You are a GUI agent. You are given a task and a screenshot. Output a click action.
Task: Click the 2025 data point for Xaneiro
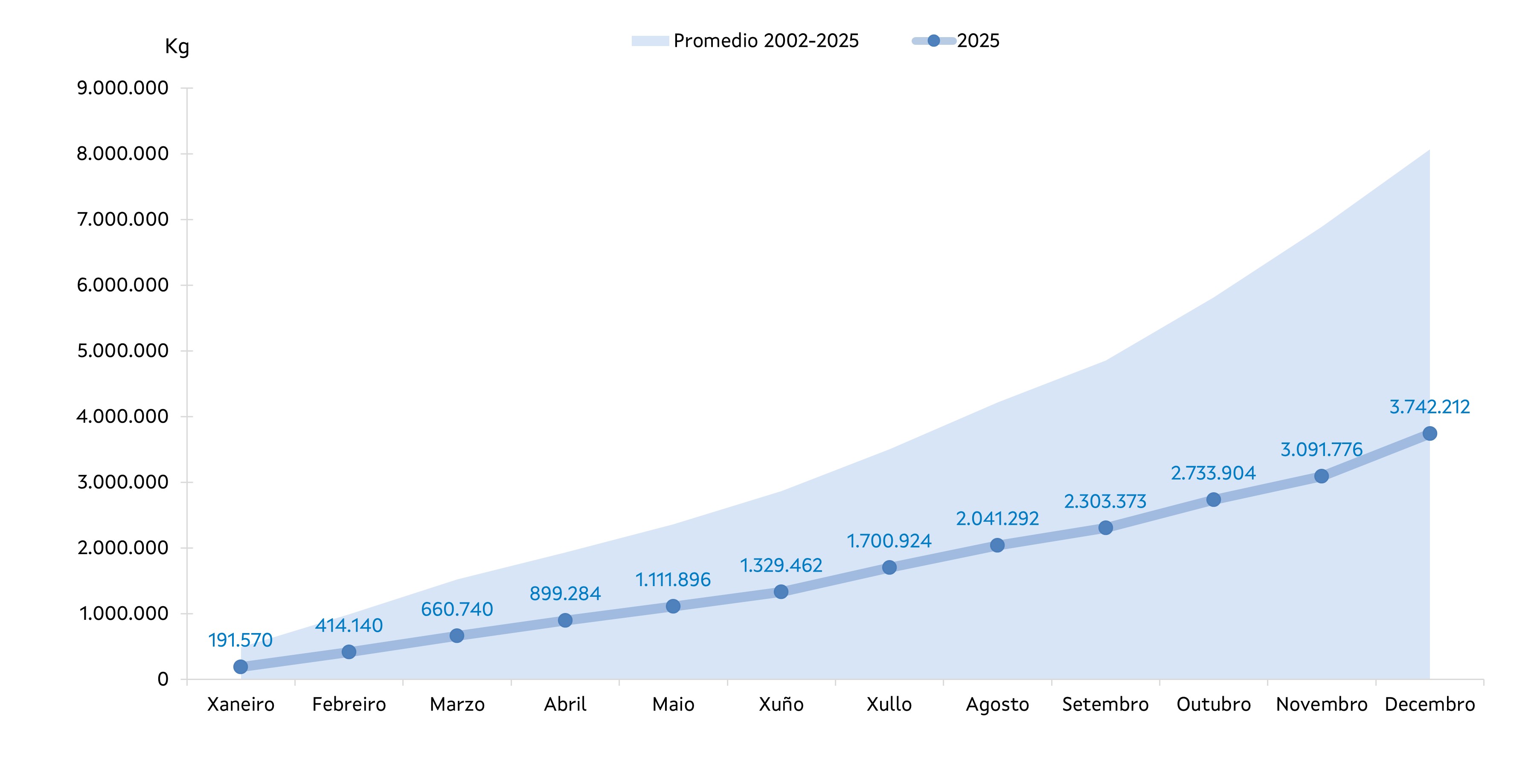pyautogui.click(x=241, y=667)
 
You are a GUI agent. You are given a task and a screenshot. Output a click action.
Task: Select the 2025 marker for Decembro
pyautogui.click(x=1429, y=433)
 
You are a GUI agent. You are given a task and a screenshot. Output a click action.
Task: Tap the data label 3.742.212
pyautogui.click(x=1429, y=407)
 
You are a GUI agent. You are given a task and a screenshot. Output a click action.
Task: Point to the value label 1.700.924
pyautogui.click(x=889, y=541)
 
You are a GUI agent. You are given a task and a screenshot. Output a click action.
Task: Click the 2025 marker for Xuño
pyautogui.click(x=781, y=592)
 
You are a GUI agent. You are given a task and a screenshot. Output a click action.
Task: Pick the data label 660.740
pyautogui.click(x=457, y=610)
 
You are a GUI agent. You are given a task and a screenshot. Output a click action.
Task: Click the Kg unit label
pyautogui.click(x=177, y=46)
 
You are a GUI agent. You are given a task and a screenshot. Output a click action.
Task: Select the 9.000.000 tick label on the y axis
pyautogui.click(x=122, y=88)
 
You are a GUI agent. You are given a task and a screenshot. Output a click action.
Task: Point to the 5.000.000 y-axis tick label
pyautogui.click(x=122, y=351)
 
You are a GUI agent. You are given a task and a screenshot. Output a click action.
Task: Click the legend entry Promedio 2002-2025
pyautogui.click(x=766, y=41)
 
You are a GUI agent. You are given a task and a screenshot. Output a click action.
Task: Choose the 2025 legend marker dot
pyautogui.click(x=934, y=41)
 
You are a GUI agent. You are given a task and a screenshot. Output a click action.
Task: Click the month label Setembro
pyautogui.click(x=1105, y=705)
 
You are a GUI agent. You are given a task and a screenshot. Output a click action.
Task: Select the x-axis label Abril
pyautogui.click(x=565, y=705)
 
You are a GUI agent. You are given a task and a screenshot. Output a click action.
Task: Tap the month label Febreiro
pyautogui.click(x=349, y=705)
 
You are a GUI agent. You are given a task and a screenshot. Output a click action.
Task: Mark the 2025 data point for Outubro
pyautogui.click(x=1214, y=500)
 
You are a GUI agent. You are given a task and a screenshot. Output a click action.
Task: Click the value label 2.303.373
pyautogui.click(x=1105, y=501)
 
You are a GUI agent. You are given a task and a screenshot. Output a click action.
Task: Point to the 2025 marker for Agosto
pyautogui.click(x=997, y=545)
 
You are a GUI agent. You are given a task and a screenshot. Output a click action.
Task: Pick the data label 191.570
pyautogui.click(x=241, y=640)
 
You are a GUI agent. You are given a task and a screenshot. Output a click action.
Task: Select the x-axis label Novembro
pyautogui.click(x=1322, y=705)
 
